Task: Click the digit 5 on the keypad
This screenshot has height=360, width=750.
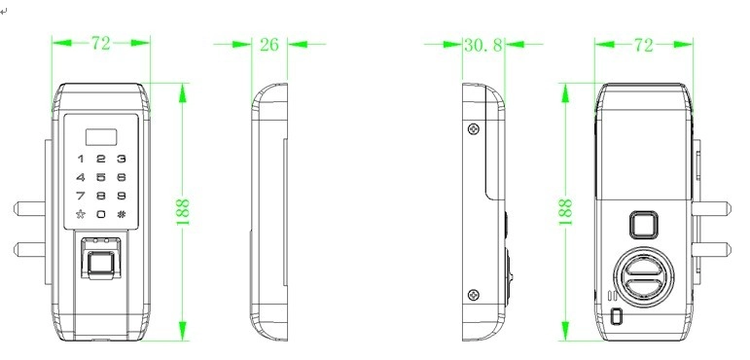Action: [x=101, y=177]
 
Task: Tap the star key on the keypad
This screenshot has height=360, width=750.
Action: [x=81, y=214]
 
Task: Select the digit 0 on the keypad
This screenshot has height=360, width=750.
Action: [x=101, y=214]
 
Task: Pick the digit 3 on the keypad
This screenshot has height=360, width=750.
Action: [x=122, y=159]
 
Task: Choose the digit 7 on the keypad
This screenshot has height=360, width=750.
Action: [x=81, y=196]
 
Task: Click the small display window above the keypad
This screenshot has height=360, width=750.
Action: [x=101, y=137]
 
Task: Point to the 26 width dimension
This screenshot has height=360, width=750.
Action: [x=269, y=45]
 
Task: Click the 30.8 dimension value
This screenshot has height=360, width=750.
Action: [x=483, y=45]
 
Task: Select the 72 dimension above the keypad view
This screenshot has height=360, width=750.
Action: [x=101, y=44]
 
